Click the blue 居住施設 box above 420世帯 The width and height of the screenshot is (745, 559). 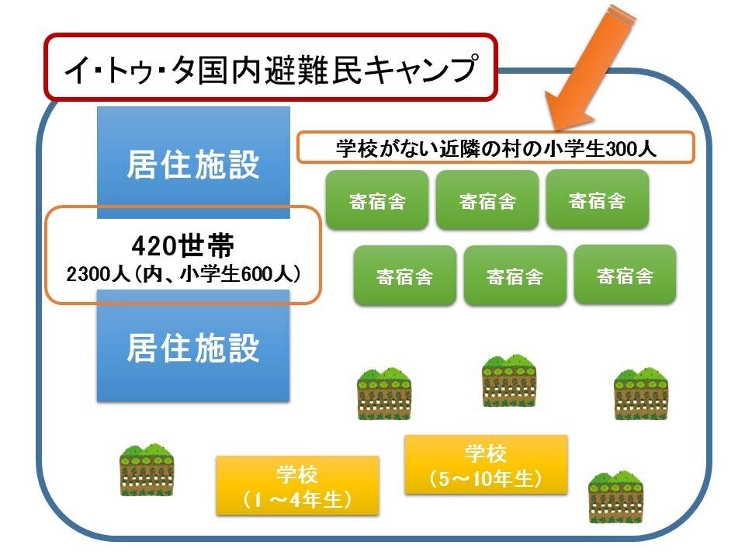[192, 162]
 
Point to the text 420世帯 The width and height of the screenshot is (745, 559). [183, 246]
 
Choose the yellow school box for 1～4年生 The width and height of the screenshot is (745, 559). [297, 485]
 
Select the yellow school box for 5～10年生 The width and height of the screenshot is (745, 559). [486, 464]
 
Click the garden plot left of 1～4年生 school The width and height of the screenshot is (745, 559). [147, 469]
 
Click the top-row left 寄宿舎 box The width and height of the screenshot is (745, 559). [377, 200]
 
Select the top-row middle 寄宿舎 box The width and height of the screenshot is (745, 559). [487, 200]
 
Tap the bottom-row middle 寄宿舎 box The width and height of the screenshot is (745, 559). [515, 276]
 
